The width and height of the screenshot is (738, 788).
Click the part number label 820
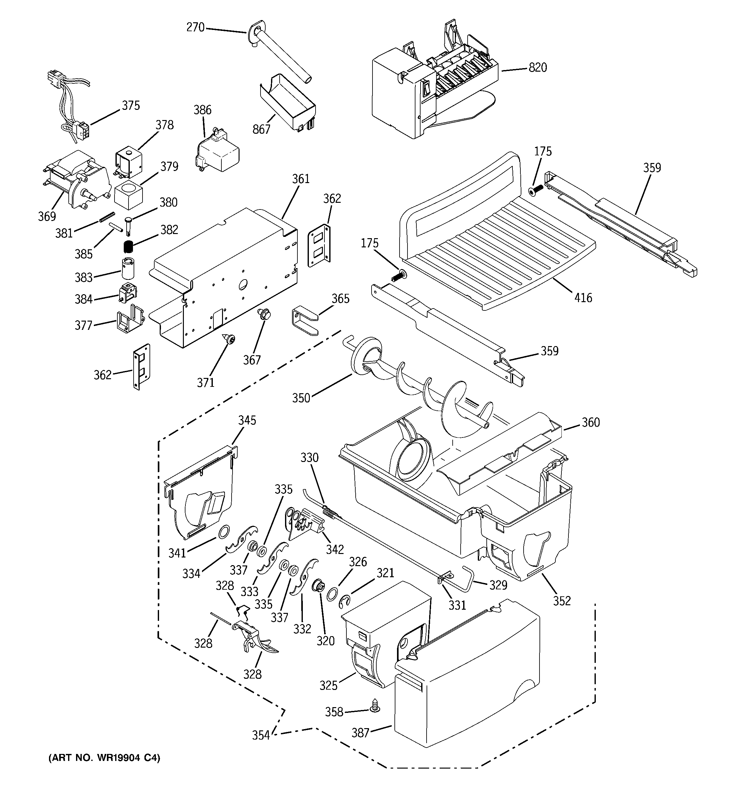[538, 68]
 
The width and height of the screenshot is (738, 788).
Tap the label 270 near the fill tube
[195, 27]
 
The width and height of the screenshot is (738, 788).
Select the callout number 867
[261, 129]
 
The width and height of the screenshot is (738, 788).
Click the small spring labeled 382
[127, 246]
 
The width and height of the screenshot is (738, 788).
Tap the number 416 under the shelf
[583, 298]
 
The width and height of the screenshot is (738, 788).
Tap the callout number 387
[360, 733]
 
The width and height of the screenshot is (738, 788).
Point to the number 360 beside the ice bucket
[591, 422]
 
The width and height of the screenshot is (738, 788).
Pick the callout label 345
[247, 420]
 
